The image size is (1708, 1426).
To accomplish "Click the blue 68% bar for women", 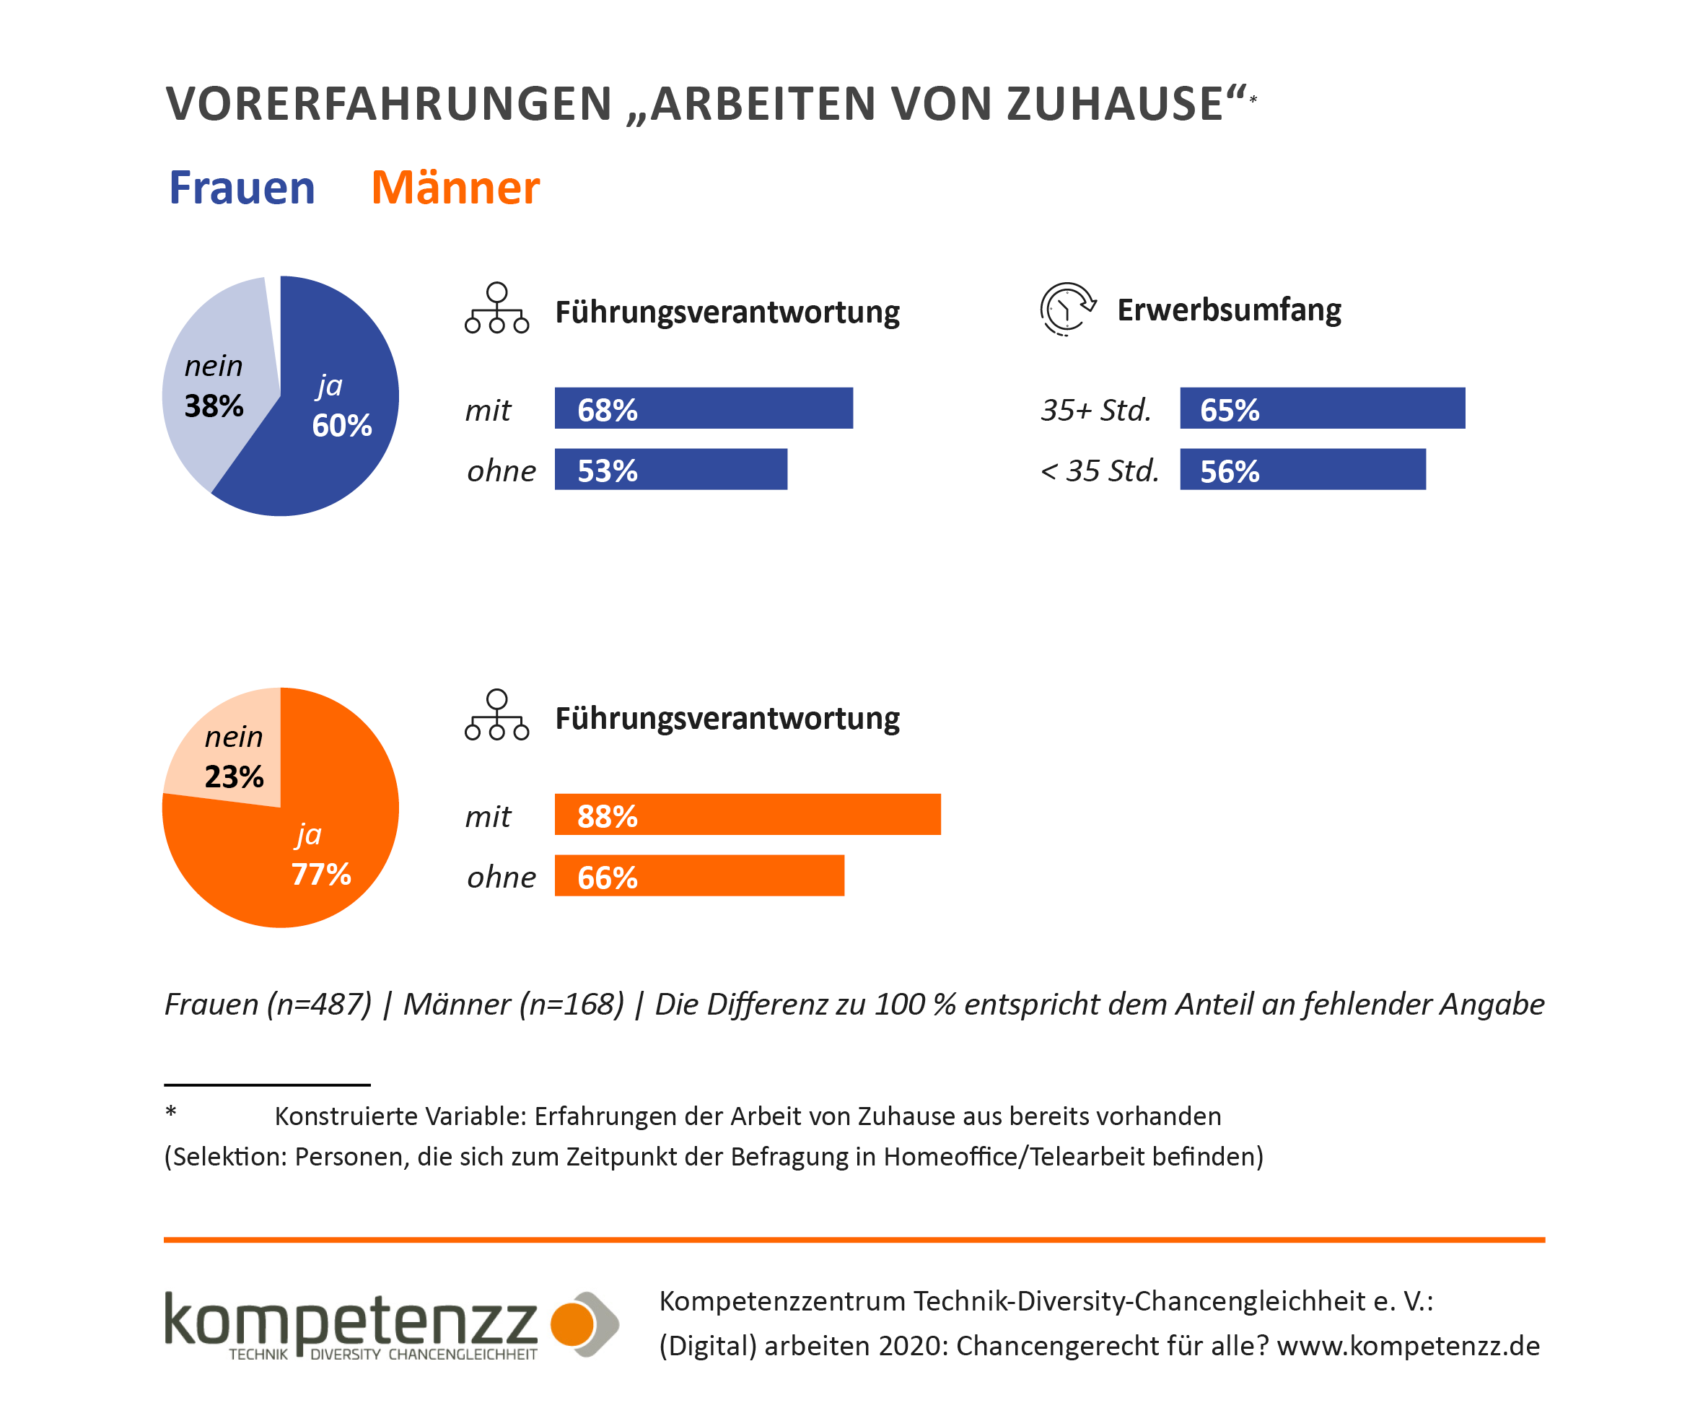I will click(x=704, y=408).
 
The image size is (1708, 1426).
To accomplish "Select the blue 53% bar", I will click(x=671, y=469).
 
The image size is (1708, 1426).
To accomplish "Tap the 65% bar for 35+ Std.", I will click(x=1323, y=408).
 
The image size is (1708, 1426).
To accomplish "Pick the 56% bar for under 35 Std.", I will click(x=1303, y=469).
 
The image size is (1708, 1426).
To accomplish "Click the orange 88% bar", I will click(x=748, y=814).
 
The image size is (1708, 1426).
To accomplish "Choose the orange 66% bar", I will click(x=699, y=875).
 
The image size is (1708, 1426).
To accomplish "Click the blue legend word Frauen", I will click(x=242, y=188).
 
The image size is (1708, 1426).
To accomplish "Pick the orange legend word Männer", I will click(x=455, y=188).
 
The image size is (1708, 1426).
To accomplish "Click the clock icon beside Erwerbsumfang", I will click(x=1067, y=309).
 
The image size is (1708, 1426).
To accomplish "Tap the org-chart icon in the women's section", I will click(x=497, y=308).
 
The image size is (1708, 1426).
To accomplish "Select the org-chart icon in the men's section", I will click(x=497, y=715).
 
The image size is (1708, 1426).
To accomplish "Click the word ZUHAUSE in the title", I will click(x=1114, y=104).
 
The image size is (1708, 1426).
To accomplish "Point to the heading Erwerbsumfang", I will click(x=1229, y=310).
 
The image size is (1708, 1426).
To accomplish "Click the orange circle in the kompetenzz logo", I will click(x=573, y=1324).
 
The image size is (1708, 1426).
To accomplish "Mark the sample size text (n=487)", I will click(x=320, y=1005).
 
